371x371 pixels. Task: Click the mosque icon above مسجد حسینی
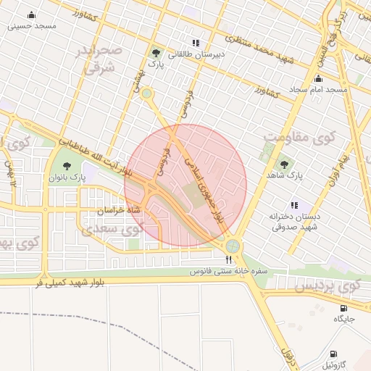pyautogui.click(x=31, y=15)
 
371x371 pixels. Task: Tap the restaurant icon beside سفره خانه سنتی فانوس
pyautogui.click(x=229, y=259)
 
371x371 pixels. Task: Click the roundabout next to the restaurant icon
pyautogui.click(x=233, y=246)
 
